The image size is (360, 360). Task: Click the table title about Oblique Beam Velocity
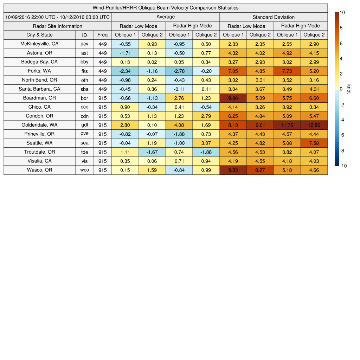click(x=165, y=8)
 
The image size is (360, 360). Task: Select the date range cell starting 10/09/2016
click(x=57, y=17)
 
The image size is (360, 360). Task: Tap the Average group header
click(x=165, y=17)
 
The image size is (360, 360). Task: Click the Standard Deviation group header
click(x=274, y=17)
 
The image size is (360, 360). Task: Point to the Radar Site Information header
click(x=57, y=26)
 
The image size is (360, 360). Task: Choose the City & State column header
click(x=39, y=35)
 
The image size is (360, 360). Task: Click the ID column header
click(x=84, y=35)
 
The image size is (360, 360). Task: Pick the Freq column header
click(x=103, y=35)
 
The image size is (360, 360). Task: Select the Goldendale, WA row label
click(x=39, y=125)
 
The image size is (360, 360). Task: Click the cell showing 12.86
click(x=314, y=125)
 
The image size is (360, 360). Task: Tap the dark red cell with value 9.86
click(x=233, y=98)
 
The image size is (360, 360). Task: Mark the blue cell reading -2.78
click(x=179, y=71)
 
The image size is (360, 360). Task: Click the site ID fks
click(x=84, y=71)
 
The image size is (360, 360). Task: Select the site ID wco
click(x=84, y=170)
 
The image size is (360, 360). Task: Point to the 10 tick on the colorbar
click(x=342, y=12)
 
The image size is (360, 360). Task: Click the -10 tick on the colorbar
click(x=343, y=166)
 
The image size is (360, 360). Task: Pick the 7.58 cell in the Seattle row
click(x=314, y=143)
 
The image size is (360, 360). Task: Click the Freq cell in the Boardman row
click(x=103, y=98)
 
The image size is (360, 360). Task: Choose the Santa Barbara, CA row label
click(x=39, y=89)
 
